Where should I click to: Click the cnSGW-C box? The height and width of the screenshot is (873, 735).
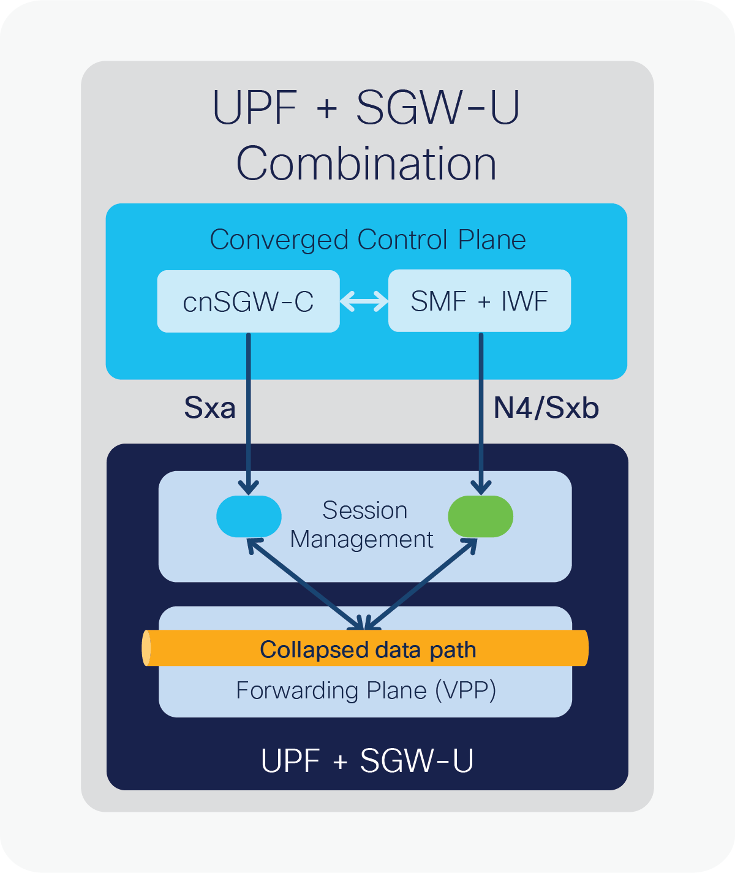(x=248, y=301)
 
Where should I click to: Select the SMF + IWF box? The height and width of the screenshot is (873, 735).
(x=479, y=301)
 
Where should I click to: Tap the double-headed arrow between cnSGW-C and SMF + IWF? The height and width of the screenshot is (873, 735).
(x=364, y=301)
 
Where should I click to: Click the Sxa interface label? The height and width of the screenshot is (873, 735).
(x=209, y=408)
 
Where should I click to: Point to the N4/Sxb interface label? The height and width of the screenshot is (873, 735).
(x=546, y=408)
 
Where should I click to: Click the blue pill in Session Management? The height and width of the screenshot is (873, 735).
(x=249, y=516)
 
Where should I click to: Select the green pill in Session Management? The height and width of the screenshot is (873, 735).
(x=480, y=516)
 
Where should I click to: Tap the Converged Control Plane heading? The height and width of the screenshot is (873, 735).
(x=367, y=240)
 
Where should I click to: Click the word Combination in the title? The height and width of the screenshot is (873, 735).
(x=366, y=164)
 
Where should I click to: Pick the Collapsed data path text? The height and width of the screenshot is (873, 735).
(x=367, y=649)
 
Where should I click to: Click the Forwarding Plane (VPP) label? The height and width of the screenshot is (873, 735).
(x=366, y=690)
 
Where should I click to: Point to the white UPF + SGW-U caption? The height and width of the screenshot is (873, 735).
(x=367, y=760)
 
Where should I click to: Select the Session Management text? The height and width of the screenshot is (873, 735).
(x=363, y=524)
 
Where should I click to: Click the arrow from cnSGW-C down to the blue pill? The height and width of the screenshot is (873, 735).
(x=249, y=417)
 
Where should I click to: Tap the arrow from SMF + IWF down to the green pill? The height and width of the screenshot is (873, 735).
(x=481, y=417)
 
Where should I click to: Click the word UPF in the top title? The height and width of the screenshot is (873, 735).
(x=254, y=107)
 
